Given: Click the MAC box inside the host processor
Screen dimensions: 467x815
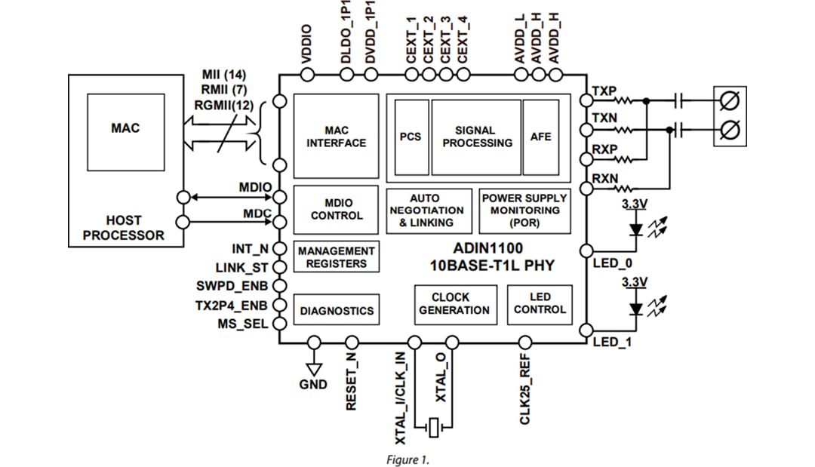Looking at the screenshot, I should coord(125,129).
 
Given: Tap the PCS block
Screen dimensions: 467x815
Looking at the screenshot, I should coord(410,137).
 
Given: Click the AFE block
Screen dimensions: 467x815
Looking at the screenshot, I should coord(540,137).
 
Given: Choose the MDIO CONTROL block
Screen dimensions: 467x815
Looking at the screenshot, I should coord(336,209).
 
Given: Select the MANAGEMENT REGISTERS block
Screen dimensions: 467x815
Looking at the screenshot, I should coord(336,257).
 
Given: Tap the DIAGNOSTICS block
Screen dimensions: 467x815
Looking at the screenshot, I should coord(336,310).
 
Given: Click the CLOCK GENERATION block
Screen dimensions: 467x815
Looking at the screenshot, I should coord(454,303).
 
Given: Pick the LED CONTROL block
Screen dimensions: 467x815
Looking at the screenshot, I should coord(540,303).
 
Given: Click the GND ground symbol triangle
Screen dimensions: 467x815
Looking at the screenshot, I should coord(314,368).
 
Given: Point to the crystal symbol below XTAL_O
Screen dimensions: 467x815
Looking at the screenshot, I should coord(434,428).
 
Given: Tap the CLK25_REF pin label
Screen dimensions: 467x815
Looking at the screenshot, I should coord(525,390).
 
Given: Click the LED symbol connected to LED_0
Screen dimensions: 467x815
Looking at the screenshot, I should coord(636,226).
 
